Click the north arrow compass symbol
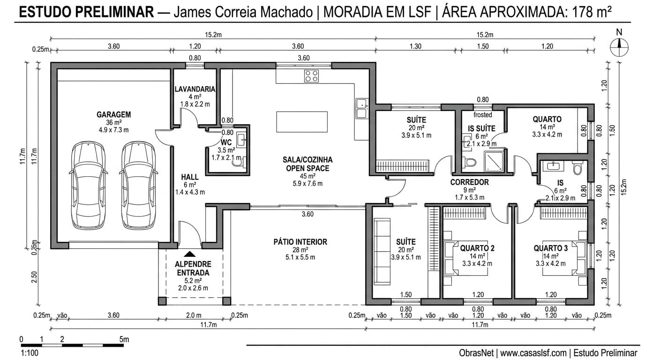[x=619, y=45]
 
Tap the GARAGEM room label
[x=113, y=114]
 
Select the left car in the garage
[x=88, y=186]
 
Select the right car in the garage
[x=138, y=186]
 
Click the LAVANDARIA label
[x=195, y=89]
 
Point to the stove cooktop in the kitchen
[x=311, y=75]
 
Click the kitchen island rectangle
[x=302, y=122]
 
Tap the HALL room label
[x=189, y=177]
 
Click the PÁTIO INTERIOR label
[x=300, y=242]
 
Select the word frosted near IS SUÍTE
[x=482, y=115]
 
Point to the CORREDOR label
[x=469, y=182]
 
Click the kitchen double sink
[x=361, y=108]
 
